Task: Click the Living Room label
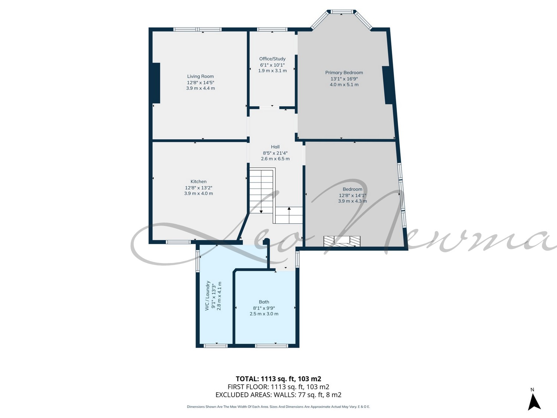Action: tap(200, 77)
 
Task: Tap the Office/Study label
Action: tap(272, 59)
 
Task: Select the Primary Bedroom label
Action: tap(344, 72)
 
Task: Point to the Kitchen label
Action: tap(198, 181)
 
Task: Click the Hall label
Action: tap(275, 147)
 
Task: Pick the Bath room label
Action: tap(264, 302)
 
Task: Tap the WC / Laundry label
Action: tap(208, 295)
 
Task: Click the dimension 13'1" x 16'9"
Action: tap(344, 79)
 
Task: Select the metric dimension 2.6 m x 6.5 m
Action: tap(275, 159)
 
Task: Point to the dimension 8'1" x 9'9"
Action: tap(264, 308)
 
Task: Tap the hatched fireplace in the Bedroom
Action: tap(342, 241)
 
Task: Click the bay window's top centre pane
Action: tap(341, 12)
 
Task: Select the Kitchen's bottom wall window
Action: tap(178, 242)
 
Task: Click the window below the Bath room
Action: tap(271, 346)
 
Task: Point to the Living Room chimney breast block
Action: tap(156, 83)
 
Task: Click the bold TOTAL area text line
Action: tap(278, 379)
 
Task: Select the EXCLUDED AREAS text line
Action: tap(278, 395)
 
